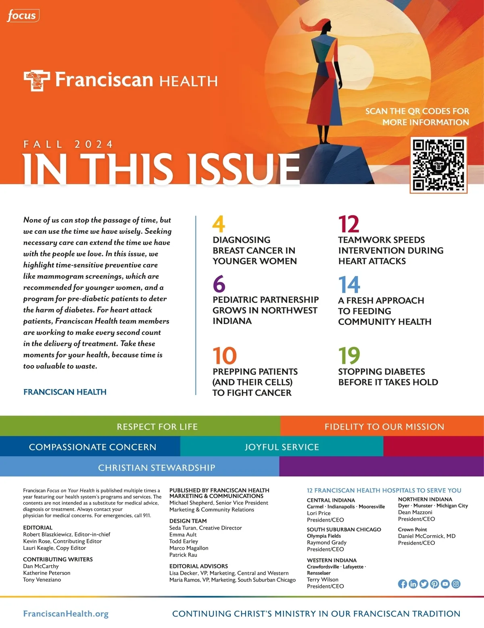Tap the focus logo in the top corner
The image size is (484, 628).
click(x=23, y=16)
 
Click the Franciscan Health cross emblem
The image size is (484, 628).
click(x=37, y=80)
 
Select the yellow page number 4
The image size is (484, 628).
click(x=218, y=224)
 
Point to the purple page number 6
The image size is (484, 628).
click(x=219, y=284)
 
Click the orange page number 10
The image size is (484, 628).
click(x=225, y=356)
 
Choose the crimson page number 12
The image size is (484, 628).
click(x=348, y=224)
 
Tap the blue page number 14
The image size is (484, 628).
click(x=349, y=285)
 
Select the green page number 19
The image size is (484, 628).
click(x=349, y=356)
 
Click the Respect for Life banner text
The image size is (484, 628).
click(x=157, y=426)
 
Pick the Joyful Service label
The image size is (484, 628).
click(x=282, y=447)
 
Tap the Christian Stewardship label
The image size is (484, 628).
click(x=156, y=468)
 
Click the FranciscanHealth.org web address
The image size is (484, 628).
click(x=66, y=613)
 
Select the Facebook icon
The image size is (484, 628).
click(x=402, y=584)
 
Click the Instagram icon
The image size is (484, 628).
click(x=456, y=584)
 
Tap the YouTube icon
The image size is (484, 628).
click(x=445, y=584)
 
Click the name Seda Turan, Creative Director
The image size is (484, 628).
click(x=205, y=528)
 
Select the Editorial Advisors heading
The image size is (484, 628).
click(x=198, y=566)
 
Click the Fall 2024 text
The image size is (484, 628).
click(x=68, y=144)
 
